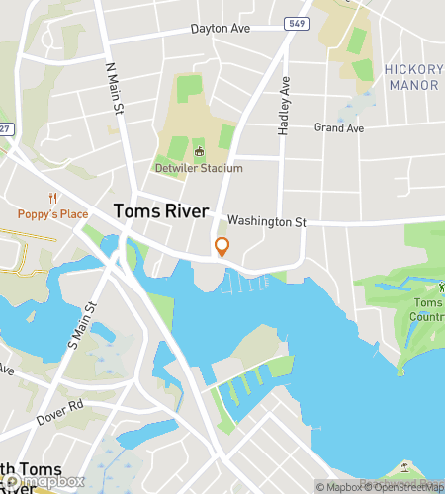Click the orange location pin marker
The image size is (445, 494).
click(x=222, y=247)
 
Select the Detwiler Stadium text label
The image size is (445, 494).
click(x=199, y=168)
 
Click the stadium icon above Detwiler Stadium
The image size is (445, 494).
click(x=199, y=152)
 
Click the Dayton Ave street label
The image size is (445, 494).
click(x=222, y=29)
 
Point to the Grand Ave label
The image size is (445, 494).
click(x=339, y=128)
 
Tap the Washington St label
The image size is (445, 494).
click(x=266, y=222)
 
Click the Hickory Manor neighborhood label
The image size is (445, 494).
click(x=411, y=77)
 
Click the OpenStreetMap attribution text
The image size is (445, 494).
click(x=400, y=486)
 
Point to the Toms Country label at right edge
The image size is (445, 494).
click(x=427, y=310)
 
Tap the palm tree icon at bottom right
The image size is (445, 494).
click(x=403, y=466)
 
